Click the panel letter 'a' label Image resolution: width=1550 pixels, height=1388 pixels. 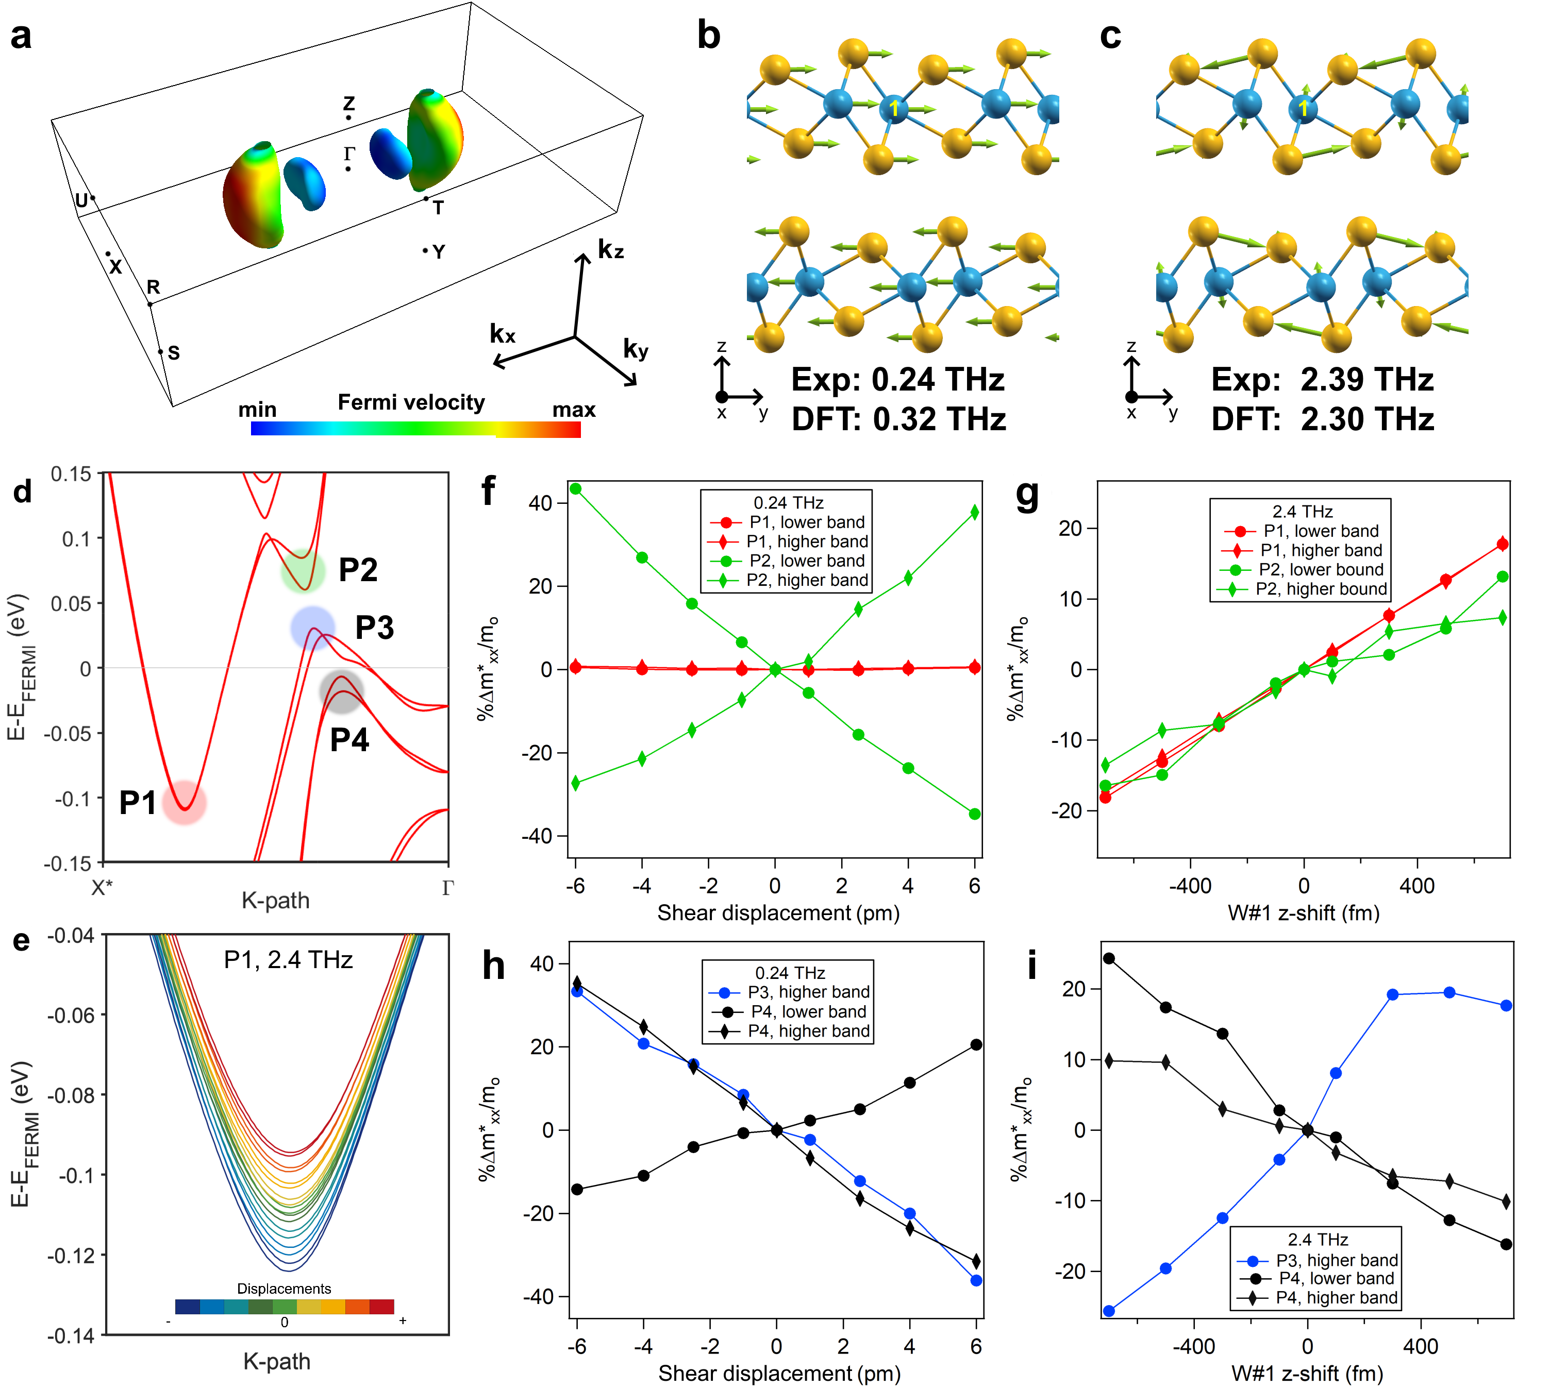click(21, 37)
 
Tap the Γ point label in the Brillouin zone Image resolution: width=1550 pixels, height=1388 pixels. click(348, 154)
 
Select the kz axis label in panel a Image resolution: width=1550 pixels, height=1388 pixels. click(610, 249)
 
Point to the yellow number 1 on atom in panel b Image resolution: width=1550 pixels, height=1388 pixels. click(894, 110)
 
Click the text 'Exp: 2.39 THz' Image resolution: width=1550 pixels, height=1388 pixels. click(1322, 380)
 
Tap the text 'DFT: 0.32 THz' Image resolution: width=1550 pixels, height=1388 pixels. click(898, 419)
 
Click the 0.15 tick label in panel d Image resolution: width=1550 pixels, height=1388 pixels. click(71, 475)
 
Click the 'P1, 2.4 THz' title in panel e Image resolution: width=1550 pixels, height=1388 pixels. click(288, 959)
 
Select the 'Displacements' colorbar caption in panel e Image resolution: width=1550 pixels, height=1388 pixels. click(284, 1288)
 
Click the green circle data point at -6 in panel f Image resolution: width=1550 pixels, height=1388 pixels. click(576, 489)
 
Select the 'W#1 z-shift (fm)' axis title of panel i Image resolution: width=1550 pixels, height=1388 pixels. click(1307, 1374)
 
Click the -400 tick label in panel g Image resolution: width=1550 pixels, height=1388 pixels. click(1190, 886)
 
